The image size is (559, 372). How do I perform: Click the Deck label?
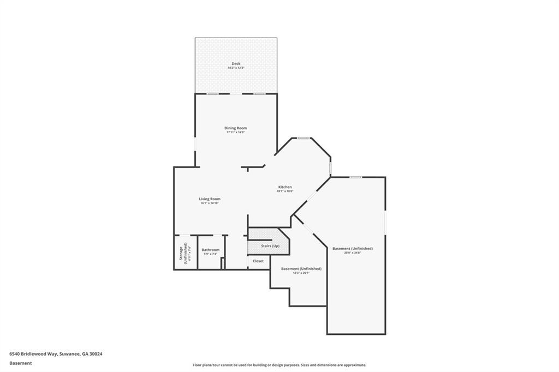click(236, 63)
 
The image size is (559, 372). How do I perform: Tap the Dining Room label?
click(236, 128)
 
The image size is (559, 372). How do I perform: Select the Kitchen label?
click(285, 187)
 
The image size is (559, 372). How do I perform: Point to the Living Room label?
click(210, 199)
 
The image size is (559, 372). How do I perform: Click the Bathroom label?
click(211, 250)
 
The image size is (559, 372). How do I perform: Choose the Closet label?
click(258, 261)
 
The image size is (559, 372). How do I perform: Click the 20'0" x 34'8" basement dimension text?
click(352, 253)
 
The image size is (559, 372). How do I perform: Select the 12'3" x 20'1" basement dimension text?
click(301, 273)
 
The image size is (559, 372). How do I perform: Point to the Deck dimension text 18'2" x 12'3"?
click(236, 68)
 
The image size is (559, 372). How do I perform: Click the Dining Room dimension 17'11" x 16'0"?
click(236, 133)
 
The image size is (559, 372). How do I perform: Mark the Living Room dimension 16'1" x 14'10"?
click(210, 203)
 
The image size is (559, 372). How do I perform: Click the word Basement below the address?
click(21, 363)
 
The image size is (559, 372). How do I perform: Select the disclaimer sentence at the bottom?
click(279, 365)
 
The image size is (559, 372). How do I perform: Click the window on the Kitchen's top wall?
click(304, 138)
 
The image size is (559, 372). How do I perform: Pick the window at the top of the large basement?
click(355, 177)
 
